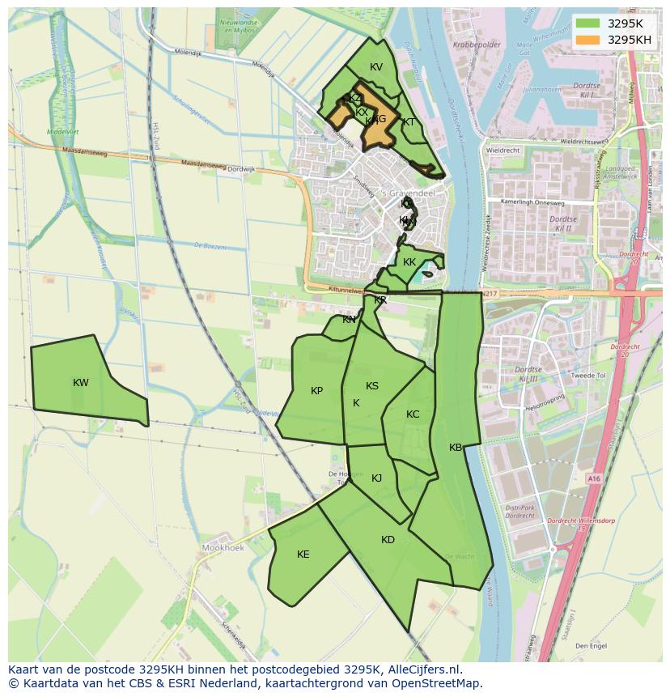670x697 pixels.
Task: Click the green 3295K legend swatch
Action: [588, 23]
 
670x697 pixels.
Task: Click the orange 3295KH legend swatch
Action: [588, 40]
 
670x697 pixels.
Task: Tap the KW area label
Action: [80, 383]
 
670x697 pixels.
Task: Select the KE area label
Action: [303, 555]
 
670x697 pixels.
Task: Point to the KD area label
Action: [388, 540]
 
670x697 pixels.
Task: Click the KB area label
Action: [456, 448]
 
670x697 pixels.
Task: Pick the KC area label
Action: [413, 414]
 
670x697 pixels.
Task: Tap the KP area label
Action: [316, 391]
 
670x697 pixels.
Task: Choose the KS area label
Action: [372, 386]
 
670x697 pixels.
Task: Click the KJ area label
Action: [376, 478]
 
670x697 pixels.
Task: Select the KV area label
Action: [375, 67]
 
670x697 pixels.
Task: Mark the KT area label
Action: [409, 122]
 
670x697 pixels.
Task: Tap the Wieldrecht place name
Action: [503, 150]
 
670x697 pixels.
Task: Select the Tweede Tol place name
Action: [588, 376]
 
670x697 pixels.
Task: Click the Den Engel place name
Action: [590, 646]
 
